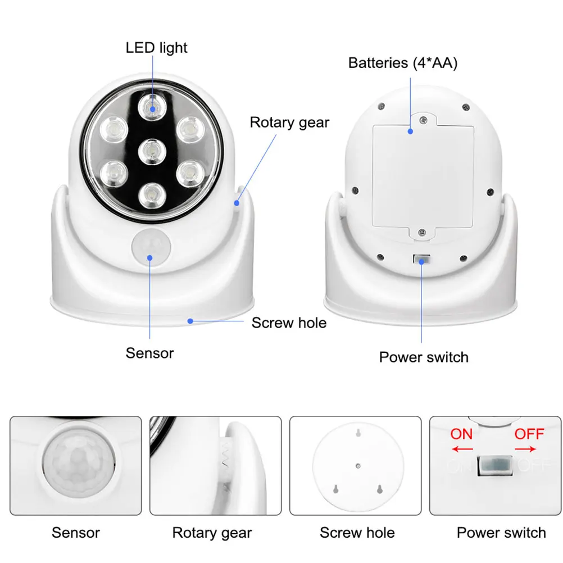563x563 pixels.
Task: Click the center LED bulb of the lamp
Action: tap(151, 150)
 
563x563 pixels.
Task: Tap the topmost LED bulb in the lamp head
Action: tap(151, 106)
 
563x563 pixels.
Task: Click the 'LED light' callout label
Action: tap(156, 48)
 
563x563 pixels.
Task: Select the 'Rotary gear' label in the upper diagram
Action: tap(289, 122)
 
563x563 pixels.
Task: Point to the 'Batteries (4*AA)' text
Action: tap(403, 63)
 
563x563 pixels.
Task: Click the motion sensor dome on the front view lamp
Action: tap(150, 248)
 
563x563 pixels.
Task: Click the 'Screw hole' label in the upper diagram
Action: tap(289, 323)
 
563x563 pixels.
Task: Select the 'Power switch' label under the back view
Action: tap(424, 357)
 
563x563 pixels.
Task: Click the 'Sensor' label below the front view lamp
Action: tap(149, 353)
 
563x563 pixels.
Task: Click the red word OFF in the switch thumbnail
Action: tap(529, 434)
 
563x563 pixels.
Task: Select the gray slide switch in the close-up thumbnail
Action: tap(496, 466)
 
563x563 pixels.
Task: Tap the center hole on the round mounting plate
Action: tap(358, 465)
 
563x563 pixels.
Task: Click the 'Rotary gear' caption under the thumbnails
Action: tap(212, 533)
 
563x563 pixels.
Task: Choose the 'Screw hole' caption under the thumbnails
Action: tap(357, 533)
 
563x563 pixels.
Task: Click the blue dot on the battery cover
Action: tap(411, 131)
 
